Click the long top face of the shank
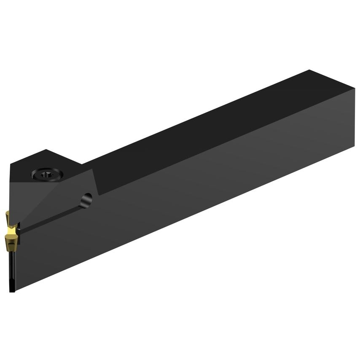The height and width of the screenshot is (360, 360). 211,122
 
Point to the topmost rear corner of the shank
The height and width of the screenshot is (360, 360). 310,70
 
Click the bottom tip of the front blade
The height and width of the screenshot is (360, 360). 12,291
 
